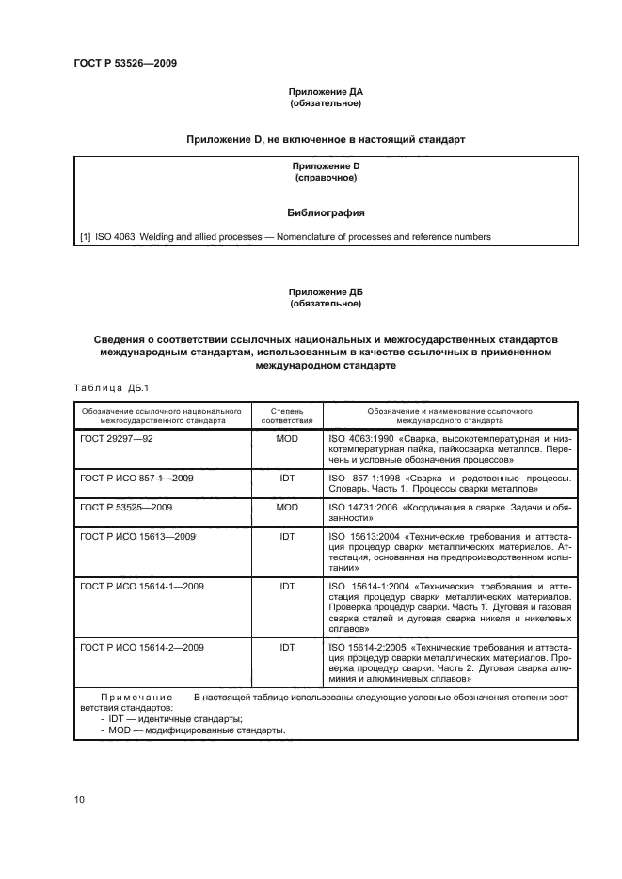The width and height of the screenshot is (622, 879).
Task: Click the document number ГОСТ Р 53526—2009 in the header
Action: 125,64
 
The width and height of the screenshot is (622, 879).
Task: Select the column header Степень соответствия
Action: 287,416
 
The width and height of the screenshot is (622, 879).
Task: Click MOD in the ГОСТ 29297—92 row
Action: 287,439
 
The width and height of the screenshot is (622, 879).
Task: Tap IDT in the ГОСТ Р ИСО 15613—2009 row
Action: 287,534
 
